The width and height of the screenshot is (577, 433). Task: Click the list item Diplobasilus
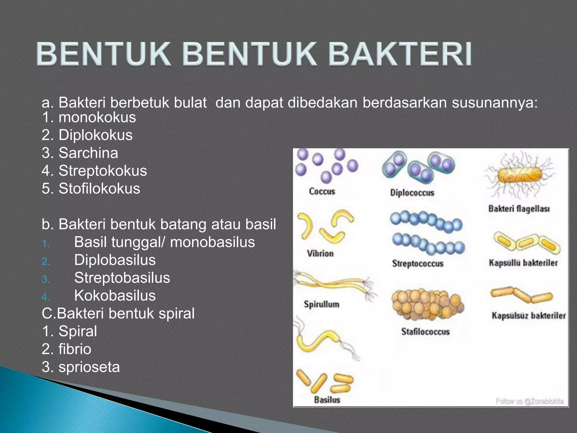click(115, 260)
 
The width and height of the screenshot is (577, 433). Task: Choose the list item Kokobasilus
click(115, 295)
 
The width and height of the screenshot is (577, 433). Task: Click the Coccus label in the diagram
click(322, 191)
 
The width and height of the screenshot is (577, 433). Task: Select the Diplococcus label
click(412, 193)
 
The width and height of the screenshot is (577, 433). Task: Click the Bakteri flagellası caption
click(519, 209)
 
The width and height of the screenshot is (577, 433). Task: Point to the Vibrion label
click(320, 253)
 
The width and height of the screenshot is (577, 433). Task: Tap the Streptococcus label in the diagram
click(418, 264)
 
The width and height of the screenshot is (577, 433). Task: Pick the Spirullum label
click(321, 304)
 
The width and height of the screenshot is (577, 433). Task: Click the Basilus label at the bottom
click(327, 400)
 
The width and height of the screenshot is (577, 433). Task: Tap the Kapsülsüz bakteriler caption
click(529, 315)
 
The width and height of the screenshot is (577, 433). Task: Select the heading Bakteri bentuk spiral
click(118, 313)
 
